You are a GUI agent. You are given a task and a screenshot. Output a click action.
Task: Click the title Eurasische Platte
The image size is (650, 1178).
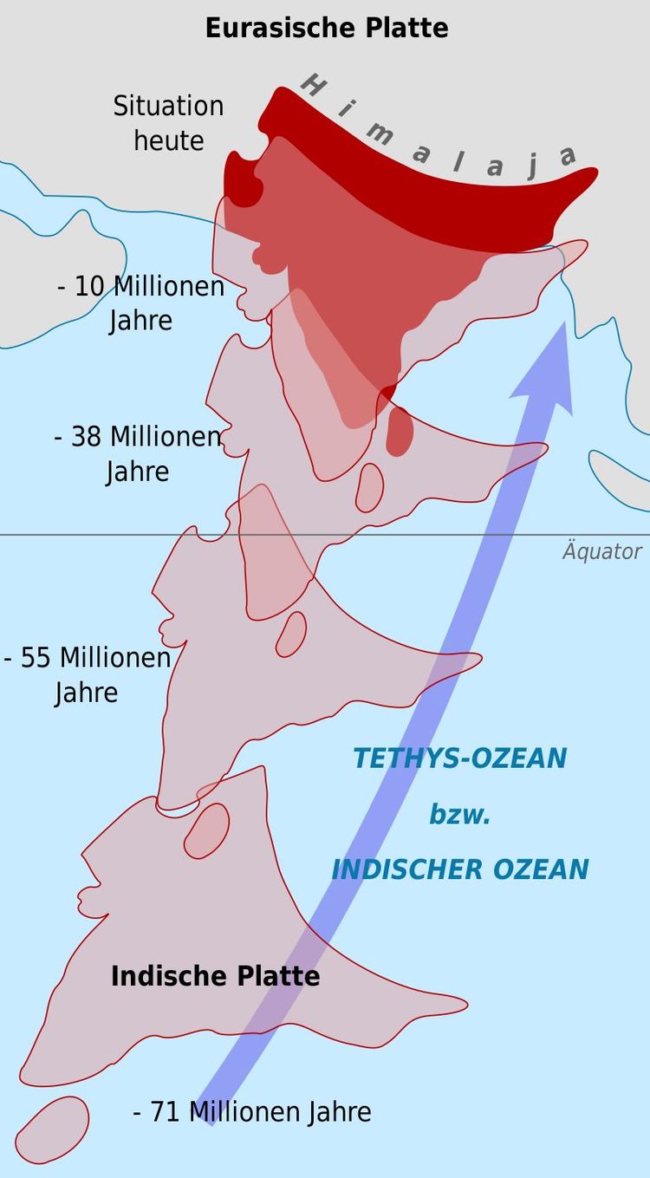(327, 28)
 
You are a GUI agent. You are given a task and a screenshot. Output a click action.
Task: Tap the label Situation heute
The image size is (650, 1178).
(168, 123)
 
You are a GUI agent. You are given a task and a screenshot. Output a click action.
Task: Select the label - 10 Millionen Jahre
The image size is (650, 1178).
(140, 303)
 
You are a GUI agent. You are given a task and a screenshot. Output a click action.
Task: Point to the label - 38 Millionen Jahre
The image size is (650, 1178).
(138, 453)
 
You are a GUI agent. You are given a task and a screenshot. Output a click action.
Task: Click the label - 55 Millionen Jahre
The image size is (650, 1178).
(87, 674)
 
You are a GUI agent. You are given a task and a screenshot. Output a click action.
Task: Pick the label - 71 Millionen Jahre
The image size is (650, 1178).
(252, 1111)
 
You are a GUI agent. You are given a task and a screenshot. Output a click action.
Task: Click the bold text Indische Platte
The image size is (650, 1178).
(215, 976)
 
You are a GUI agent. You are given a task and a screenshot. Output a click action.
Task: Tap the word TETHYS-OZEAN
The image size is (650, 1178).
(459, 758)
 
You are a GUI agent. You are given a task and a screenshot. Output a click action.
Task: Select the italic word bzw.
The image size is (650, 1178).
(459, 815)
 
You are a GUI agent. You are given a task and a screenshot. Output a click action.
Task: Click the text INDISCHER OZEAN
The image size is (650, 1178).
(459, 869)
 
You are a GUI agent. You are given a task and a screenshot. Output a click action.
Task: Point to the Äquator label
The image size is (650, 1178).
(601, 551)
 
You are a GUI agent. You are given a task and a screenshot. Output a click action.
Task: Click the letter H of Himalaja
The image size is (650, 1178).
(313, 85)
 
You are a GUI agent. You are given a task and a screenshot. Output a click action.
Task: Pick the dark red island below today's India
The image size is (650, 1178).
(399, 431)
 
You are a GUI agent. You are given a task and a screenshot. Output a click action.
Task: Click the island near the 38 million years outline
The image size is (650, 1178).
(370, 486)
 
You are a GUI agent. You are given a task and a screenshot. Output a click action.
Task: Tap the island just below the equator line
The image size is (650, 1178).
(291, 634)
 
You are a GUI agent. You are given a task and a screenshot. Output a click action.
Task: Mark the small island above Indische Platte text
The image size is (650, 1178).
(206, 830)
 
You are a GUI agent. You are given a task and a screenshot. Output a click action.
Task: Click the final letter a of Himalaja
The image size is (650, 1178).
(568, 156)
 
